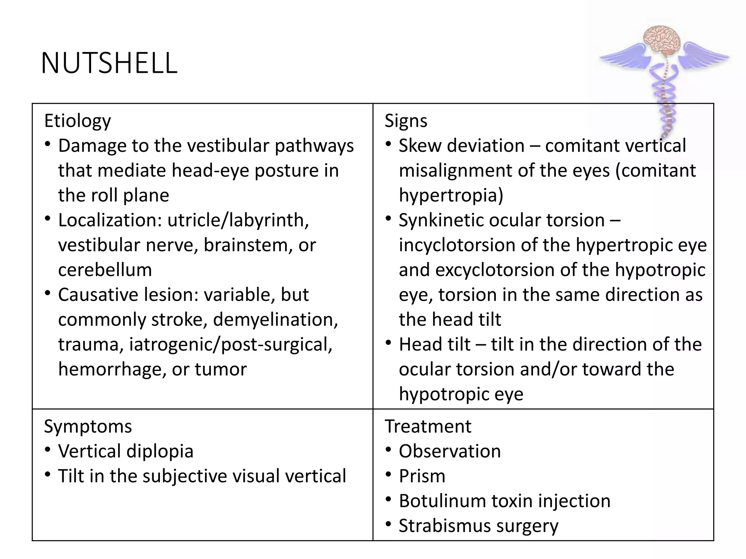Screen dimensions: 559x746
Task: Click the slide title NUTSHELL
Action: (x=109, y=63)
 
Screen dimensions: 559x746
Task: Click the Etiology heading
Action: (x=77, y=121)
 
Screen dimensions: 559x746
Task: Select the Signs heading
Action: (x=406, y=121)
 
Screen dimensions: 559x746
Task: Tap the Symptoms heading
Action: (x=88, y=427)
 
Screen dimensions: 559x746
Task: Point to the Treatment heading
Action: (x=428, y=427)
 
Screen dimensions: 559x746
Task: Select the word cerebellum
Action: (x=105, y=270)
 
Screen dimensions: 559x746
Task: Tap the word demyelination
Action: (x=275, y=320)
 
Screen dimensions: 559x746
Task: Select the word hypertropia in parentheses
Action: (x=450, y=195)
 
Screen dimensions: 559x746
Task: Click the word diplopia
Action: (x=160, y=451)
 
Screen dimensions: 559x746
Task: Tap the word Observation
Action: (x=450, y=451)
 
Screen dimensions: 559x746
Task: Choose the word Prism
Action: (x=422, y=476)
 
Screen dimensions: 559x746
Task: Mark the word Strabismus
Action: (x=444, y=526)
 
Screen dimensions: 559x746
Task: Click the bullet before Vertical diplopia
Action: (x=48, y=450)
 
